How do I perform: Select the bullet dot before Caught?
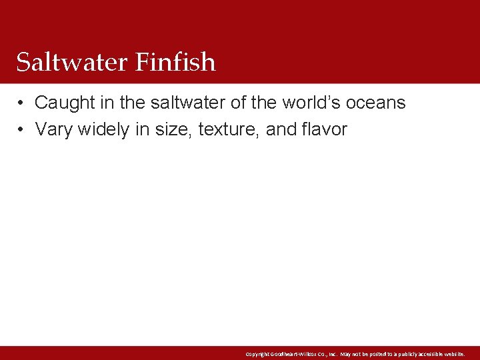coord(22,103)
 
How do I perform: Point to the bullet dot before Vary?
coord(22,129)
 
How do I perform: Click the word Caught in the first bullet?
coord(63,103)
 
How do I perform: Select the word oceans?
coord(376,103)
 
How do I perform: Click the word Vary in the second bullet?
coord(54,129)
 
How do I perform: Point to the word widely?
coord(104,129)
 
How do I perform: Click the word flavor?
coord(323,129)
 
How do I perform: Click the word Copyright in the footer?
coord(257,354)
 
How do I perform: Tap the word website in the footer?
coord(453,354)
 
